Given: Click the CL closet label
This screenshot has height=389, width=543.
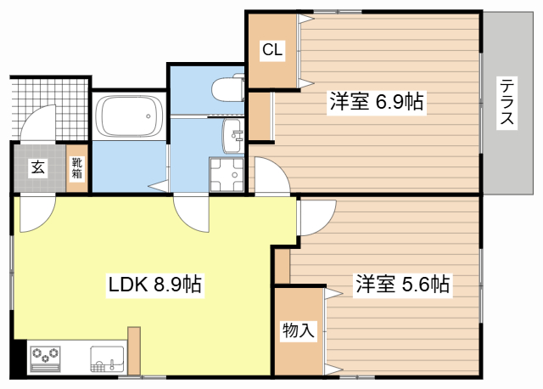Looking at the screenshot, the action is tap(272, 50).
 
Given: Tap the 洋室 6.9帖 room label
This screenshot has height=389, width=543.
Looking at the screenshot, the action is tap(377, 102).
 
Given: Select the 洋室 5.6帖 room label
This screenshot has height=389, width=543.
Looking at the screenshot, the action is tap(403, 284).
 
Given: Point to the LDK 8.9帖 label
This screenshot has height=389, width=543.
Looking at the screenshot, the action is tap(154, 285).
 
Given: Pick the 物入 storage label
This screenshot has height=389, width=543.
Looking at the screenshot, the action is tap(299, 330).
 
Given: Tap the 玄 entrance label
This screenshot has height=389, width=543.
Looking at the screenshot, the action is tap(38, 167).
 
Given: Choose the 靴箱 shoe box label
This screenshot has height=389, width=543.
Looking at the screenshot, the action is tap(77, 168).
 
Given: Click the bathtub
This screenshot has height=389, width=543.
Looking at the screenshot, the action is tap(129, 116).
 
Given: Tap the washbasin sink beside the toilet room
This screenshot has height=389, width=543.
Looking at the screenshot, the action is tap(232, 136).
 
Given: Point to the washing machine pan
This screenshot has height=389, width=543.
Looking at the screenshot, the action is tap(227, 174).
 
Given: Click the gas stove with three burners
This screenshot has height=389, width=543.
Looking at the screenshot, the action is tap(45, 358).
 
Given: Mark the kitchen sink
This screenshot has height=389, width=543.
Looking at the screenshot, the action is tap(108, 358).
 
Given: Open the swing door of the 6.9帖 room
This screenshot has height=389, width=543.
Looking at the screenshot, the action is tap(272, 175).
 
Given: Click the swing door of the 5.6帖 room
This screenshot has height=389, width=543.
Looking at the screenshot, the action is tap(316, 217).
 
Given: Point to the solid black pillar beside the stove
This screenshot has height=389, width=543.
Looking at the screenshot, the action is tap(20, 357).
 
